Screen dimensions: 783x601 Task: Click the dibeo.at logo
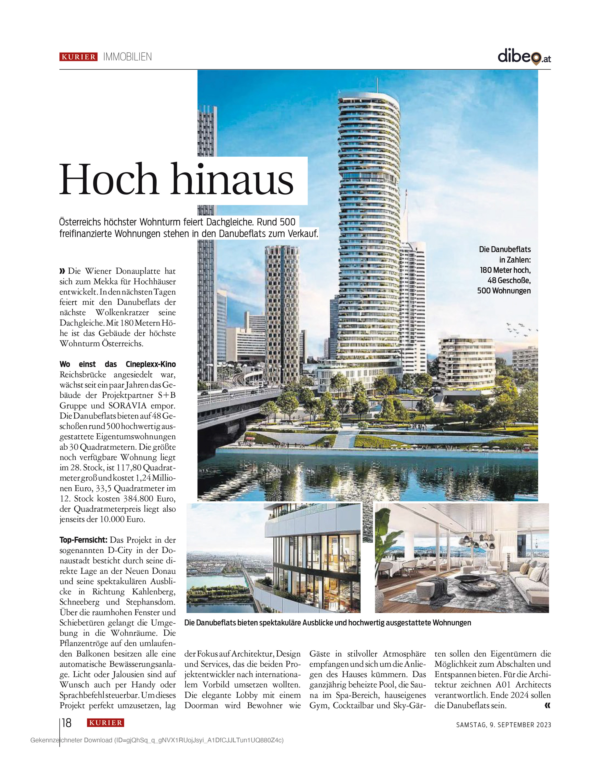[x=524, y=57]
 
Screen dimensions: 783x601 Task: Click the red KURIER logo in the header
[x=78, y=57]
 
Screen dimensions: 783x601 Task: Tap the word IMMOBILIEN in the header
[x=127, y=57]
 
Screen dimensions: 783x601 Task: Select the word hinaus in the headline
[x=233, y=179]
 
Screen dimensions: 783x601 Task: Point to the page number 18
[x=67, y=723]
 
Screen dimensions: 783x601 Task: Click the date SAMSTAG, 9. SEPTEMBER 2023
[x=503, y=725]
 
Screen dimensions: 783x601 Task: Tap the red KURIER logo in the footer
[x=105, y=723]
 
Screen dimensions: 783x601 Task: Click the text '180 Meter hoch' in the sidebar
[x=505, y=270]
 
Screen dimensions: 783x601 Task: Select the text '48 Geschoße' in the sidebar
[x=509, y=280]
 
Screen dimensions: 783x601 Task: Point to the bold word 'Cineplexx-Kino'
[x=151, y=364]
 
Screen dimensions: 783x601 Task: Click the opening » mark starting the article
[x=63, y=271]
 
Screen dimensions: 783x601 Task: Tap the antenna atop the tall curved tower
[x=377, y=85]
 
